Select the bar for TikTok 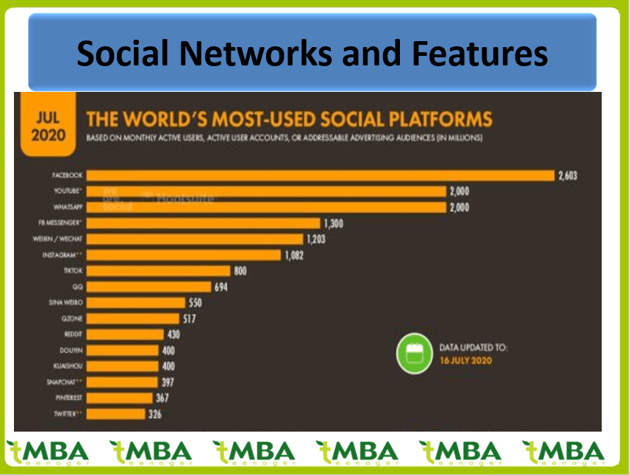(160, 271)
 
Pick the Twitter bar (116, 414)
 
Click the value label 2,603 (568, 175)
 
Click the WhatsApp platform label (67, 207)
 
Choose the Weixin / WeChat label (60, 239)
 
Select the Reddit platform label (73, 335)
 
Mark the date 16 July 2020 (465, 360)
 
